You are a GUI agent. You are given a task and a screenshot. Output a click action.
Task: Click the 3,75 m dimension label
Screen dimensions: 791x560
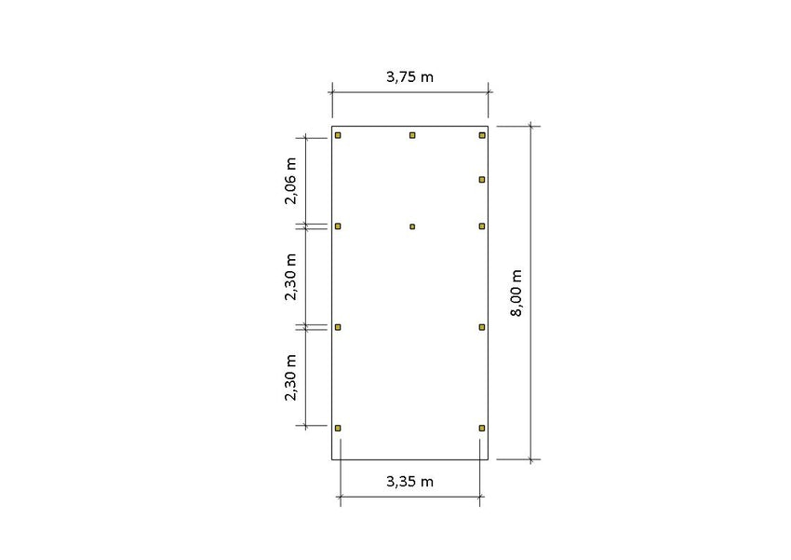point(409,76)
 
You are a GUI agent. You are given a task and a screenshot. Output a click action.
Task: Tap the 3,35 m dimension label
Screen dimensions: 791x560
point(409,482)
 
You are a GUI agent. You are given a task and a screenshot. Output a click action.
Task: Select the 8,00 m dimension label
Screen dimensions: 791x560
point(516,293)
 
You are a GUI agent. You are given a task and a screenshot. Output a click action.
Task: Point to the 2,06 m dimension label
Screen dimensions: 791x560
point(290,181)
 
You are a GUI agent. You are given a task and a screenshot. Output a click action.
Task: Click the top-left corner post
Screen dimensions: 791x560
point(338,135)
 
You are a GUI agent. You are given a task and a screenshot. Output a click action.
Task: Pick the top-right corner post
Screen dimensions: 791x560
point(482,135)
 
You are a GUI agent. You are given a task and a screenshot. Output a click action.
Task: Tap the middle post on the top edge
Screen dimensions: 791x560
point(412,135)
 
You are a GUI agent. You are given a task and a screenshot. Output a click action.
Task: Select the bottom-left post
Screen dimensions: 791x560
point(338,429)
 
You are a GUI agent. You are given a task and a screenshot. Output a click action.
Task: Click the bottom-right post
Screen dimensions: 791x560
point(482,429)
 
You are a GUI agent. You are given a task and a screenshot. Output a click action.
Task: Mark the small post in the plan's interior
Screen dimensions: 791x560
point(412,226)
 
